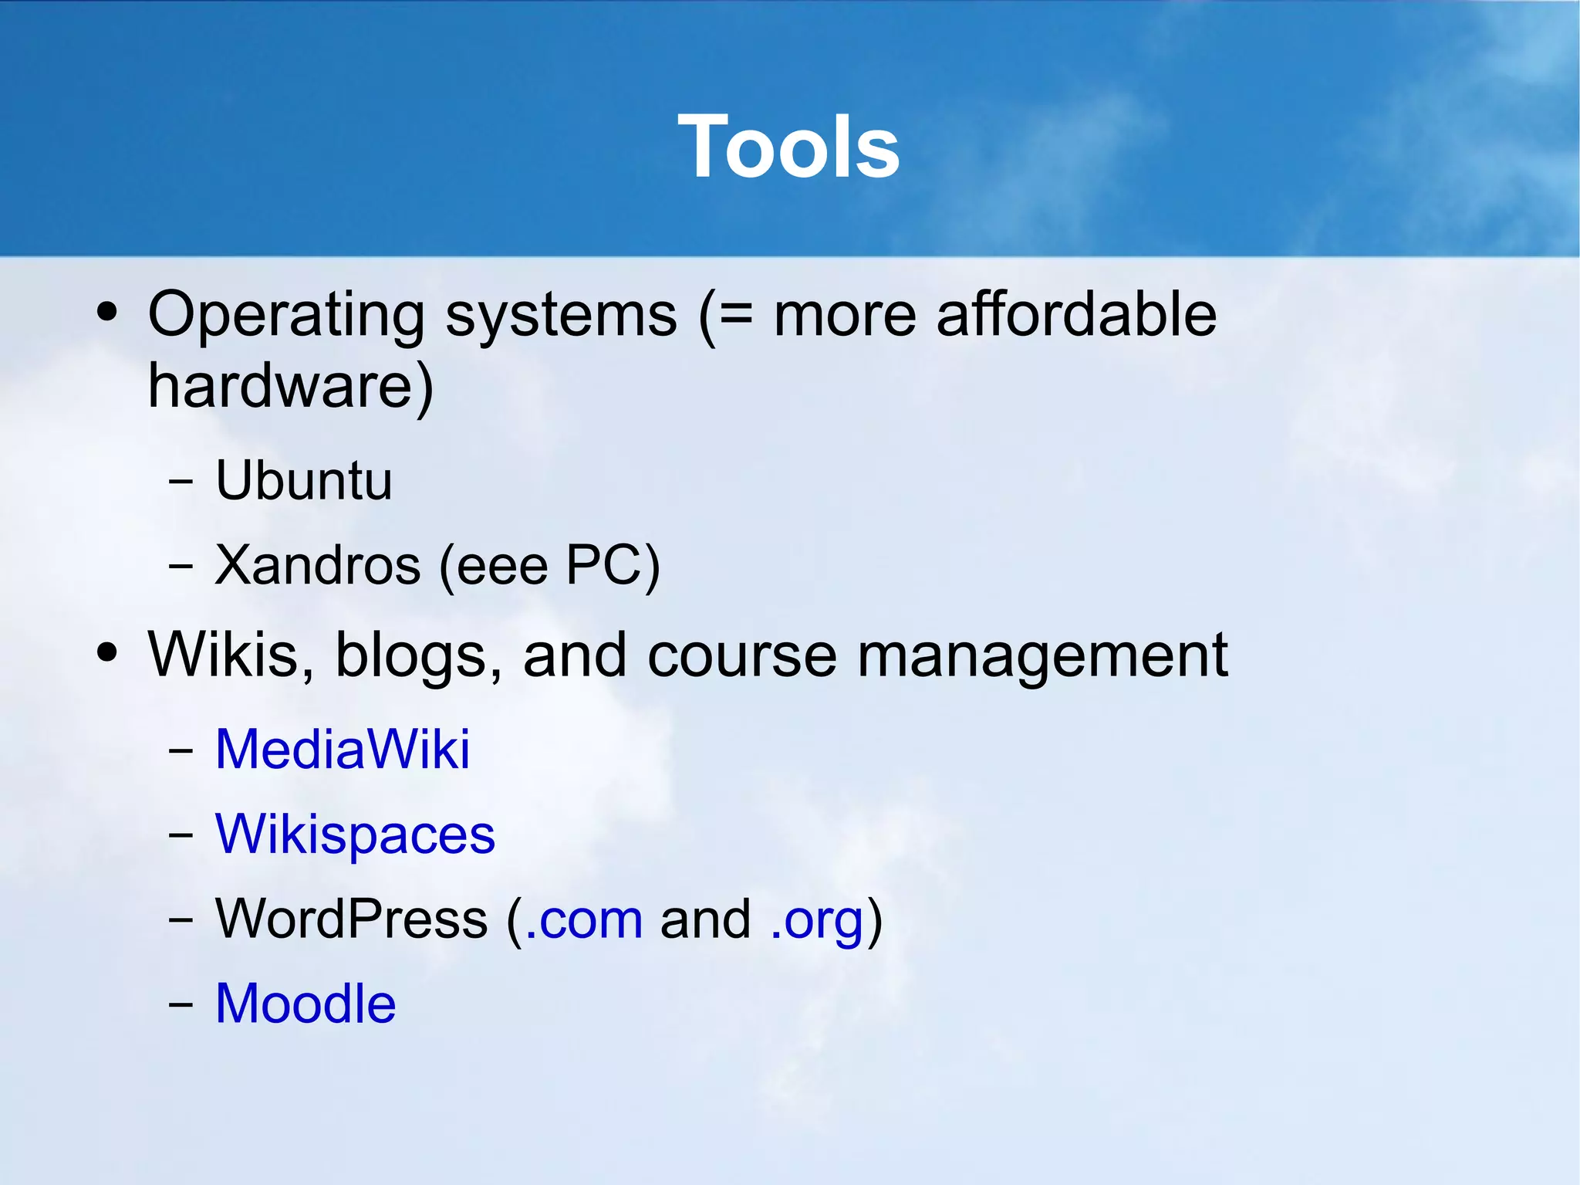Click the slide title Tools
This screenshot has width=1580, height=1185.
coord(788,147)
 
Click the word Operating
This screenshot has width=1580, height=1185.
coord(285,315)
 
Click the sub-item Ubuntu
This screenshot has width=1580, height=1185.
coord(304,480)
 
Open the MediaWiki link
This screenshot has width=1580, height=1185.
coord(343,749)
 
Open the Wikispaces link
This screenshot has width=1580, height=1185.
coord(355,834)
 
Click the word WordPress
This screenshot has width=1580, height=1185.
coord(352,919)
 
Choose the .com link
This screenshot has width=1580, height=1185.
coord(583,919)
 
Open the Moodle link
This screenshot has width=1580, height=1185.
coord(306,1004)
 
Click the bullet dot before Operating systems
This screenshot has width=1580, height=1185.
coord(107,313)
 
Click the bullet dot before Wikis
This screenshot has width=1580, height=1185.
coord(107,653)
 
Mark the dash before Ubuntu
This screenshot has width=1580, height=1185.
coord(180,482)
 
